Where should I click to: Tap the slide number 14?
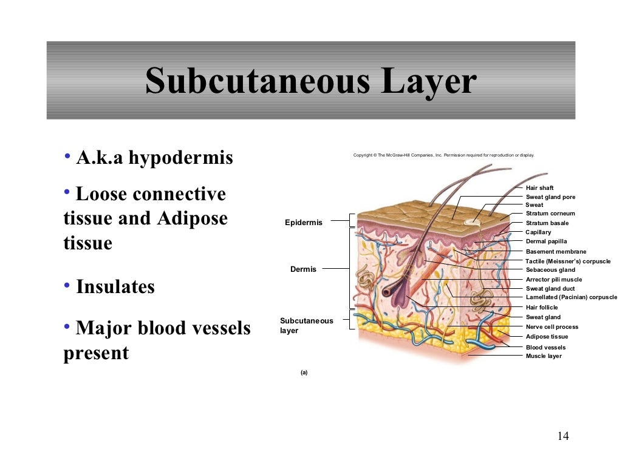562,436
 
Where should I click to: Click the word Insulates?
115,286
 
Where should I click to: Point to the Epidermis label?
304,223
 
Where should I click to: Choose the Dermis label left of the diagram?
303,269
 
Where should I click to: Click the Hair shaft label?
539,188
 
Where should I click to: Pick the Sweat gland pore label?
550,197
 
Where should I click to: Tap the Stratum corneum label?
550,214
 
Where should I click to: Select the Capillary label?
538,232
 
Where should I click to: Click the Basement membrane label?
556,252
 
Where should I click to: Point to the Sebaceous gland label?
550,270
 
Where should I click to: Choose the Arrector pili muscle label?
553,280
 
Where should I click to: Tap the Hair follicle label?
541,308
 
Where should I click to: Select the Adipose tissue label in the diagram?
547,337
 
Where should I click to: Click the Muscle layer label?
544,356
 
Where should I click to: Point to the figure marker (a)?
304,373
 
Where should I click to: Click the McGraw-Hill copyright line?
443,155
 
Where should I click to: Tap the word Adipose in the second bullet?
193,218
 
